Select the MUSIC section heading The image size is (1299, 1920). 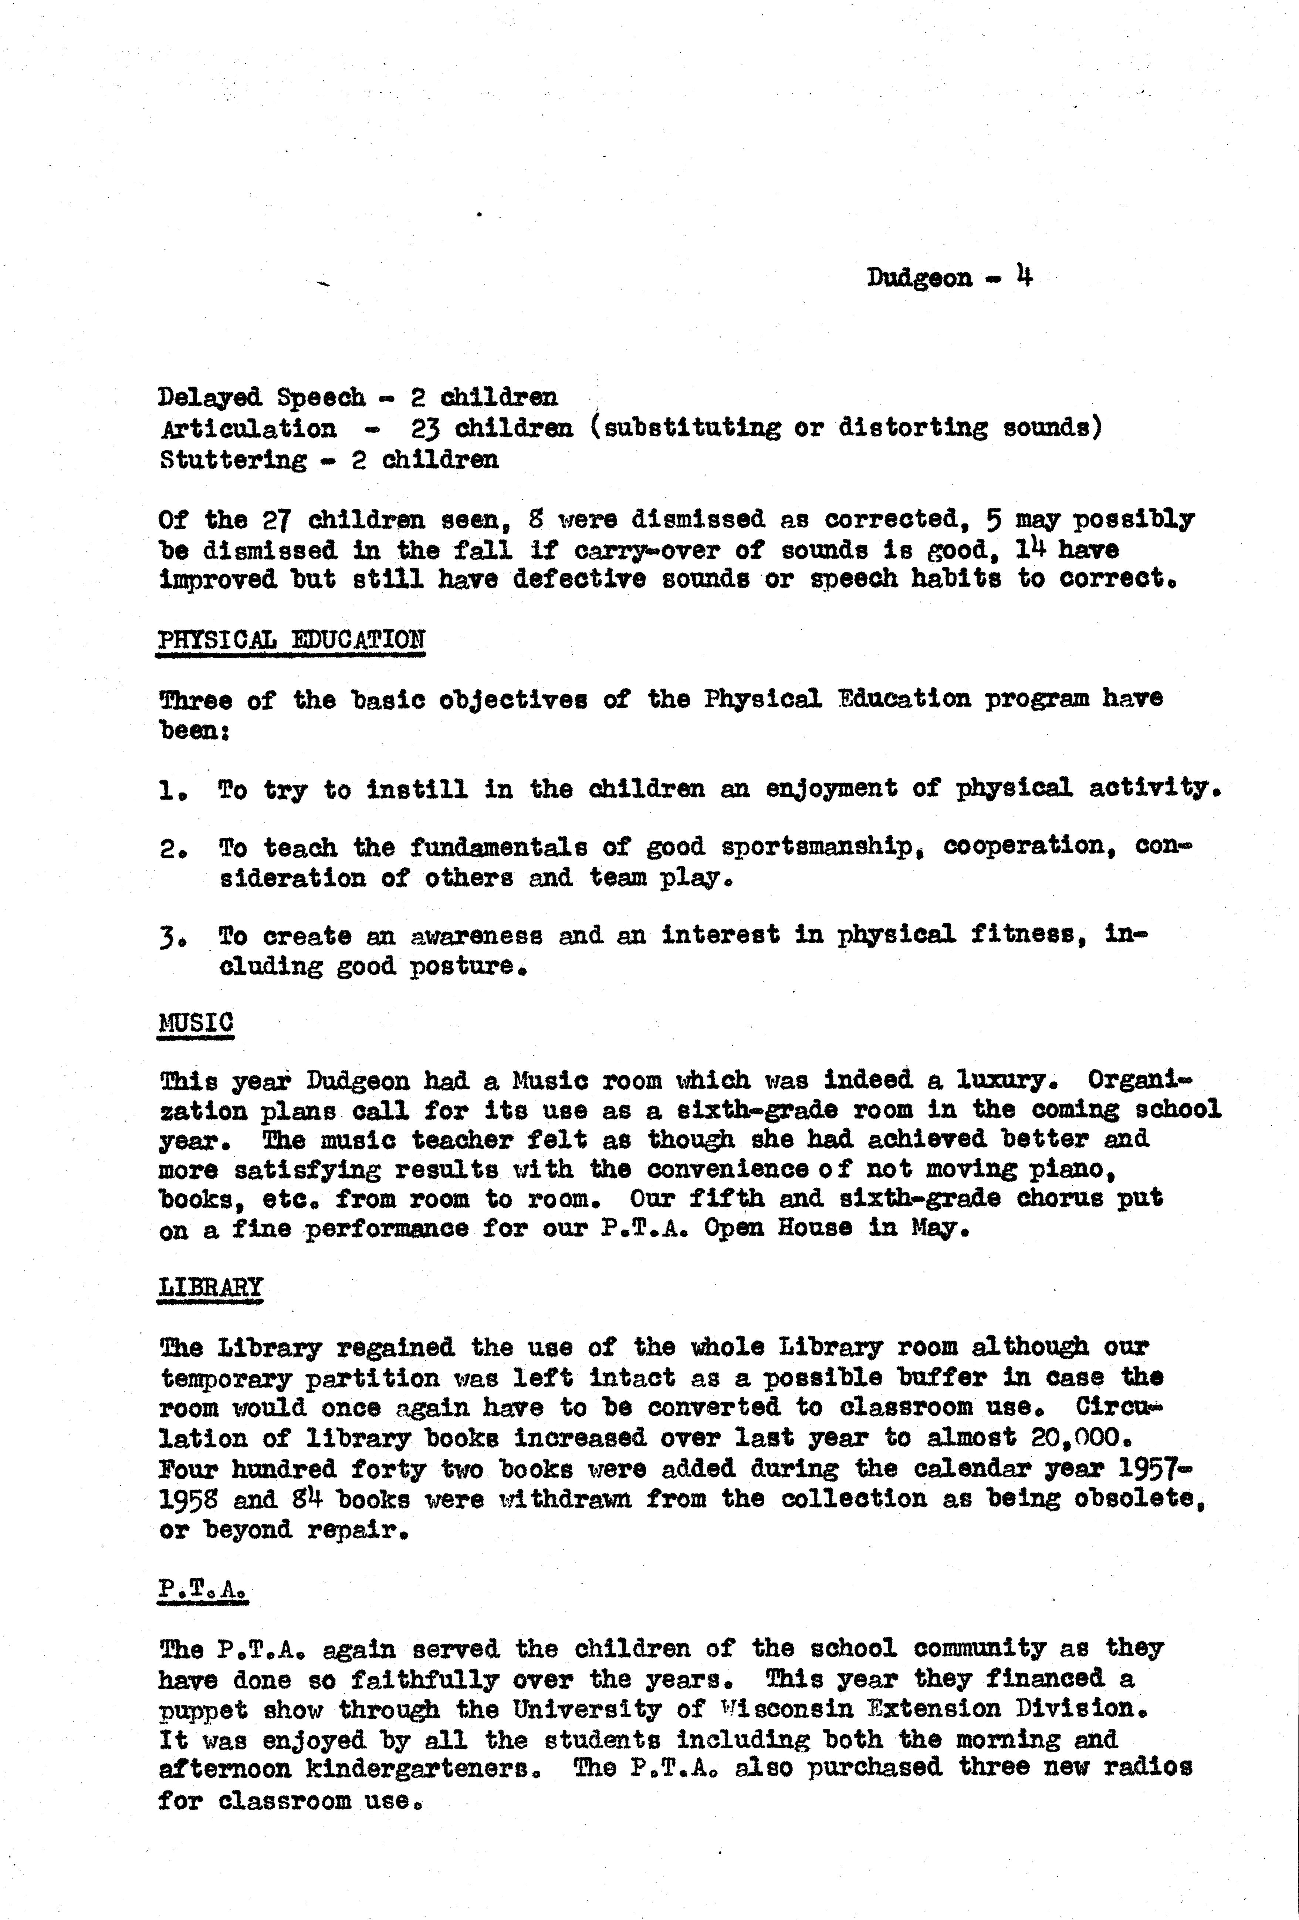196,1022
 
